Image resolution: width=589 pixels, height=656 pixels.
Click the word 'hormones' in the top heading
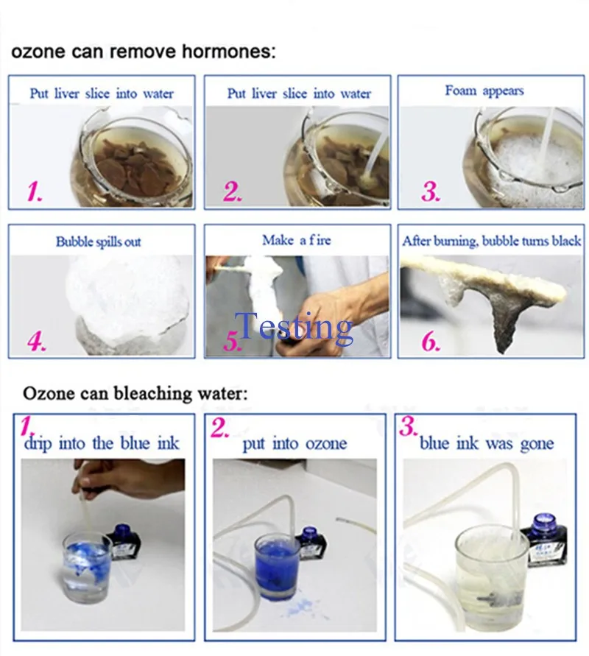click(229, 52)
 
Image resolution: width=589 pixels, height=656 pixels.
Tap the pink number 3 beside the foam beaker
click(431, 191)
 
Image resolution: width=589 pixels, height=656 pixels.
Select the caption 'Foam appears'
click(484, 91)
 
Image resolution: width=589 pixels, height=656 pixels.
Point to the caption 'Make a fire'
click(297, 240)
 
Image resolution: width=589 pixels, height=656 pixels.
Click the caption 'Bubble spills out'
click(99, 241)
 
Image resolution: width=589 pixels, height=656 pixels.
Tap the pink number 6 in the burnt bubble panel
click(431, 342)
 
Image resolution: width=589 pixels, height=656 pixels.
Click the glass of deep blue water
click(278, 566)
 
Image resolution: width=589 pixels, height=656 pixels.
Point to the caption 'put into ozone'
click(295, 443)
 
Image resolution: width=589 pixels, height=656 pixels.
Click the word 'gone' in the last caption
click(537, 444)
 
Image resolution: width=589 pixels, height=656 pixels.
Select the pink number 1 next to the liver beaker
click(35, 191)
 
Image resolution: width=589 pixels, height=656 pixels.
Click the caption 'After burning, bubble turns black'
click(492, 241)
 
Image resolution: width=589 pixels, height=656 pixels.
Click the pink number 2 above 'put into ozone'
click(219, 428)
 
